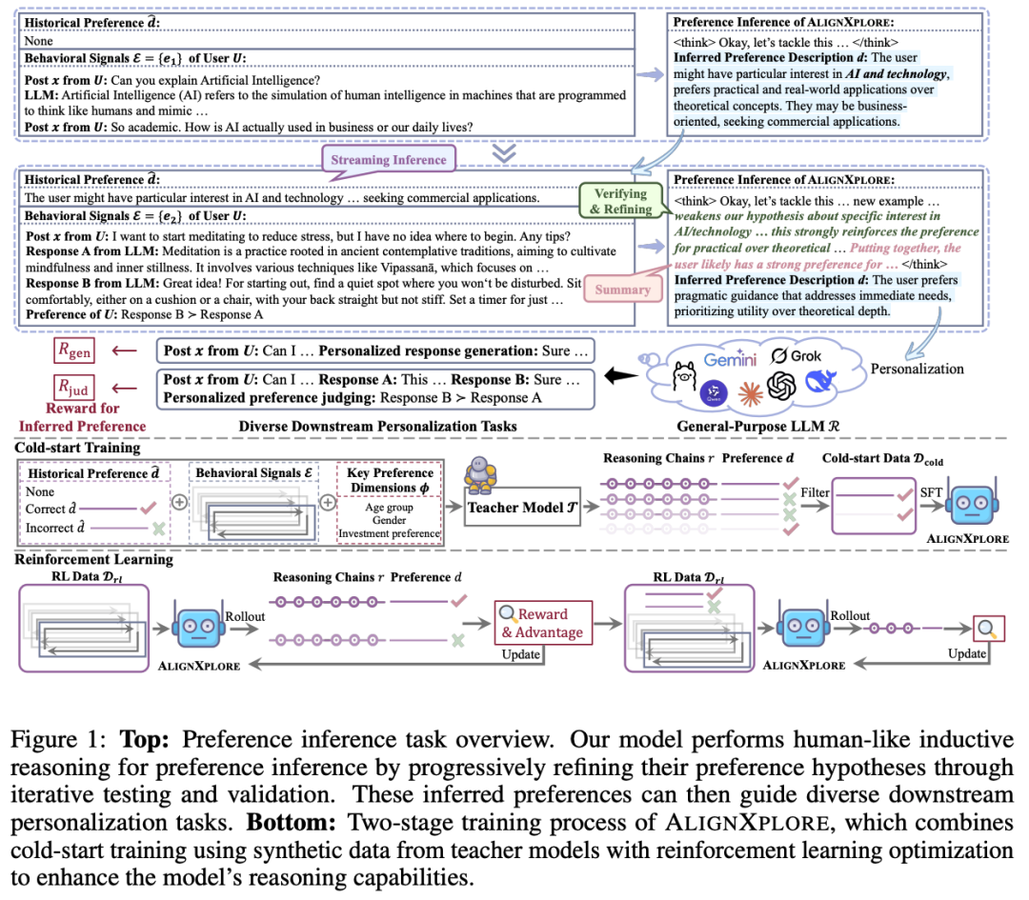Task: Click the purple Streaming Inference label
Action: (x=388, y=159)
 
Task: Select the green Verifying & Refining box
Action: (x=620, y=201)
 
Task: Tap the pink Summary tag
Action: (x=621, y=289)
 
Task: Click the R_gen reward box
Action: (x=73, y=351)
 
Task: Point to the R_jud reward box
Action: (x=73, y=388)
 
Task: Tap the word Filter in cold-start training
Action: (x=814, y=492)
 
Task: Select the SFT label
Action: (x=930, y=492)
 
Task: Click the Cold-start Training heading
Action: (x=78, y=447)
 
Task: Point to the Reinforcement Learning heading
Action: (x=94, y=559)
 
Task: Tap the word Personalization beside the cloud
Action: (x=918, y=368)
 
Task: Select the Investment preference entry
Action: (x=389, y=533)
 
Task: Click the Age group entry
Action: (x=389, y=508)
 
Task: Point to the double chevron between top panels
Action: (x=503, y=152)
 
